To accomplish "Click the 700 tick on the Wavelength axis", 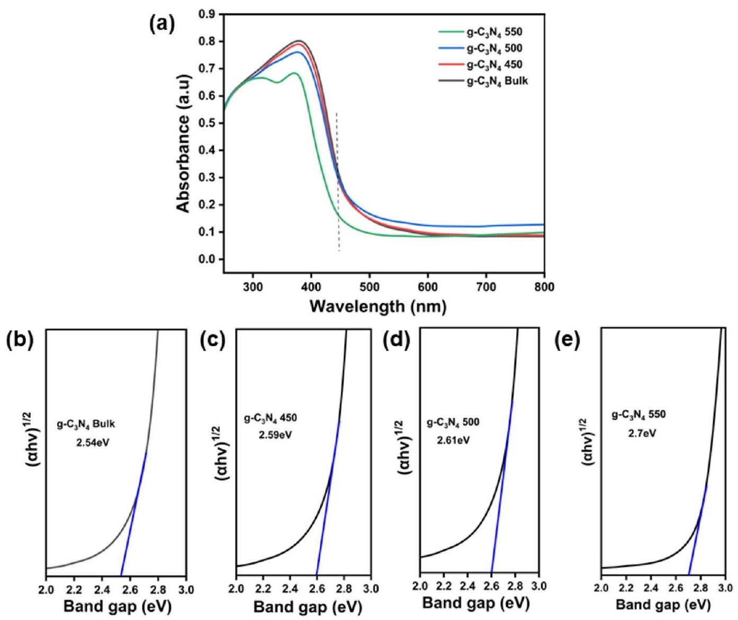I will pos(486,287).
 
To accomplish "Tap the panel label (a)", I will pos(157,25).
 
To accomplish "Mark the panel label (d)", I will pos(397,343).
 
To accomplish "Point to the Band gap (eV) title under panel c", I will pos(308,607).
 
